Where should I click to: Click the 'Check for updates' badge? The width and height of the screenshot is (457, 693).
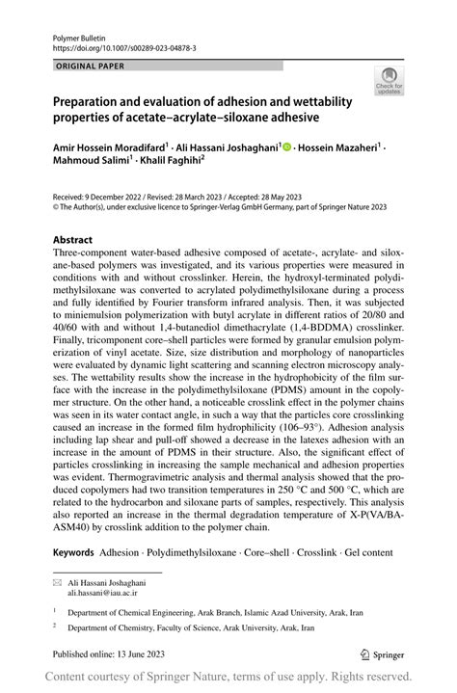tap(389, 81)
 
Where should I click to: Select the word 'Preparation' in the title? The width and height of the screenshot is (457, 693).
tap(94, 100)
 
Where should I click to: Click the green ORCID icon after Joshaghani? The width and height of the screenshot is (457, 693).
tap(286, 147)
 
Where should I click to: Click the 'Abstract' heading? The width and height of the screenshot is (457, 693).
tap(72, 239)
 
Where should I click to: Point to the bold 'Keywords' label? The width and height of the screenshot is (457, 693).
tap(73, 552)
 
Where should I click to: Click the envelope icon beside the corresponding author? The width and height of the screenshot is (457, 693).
tap(57, 583)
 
